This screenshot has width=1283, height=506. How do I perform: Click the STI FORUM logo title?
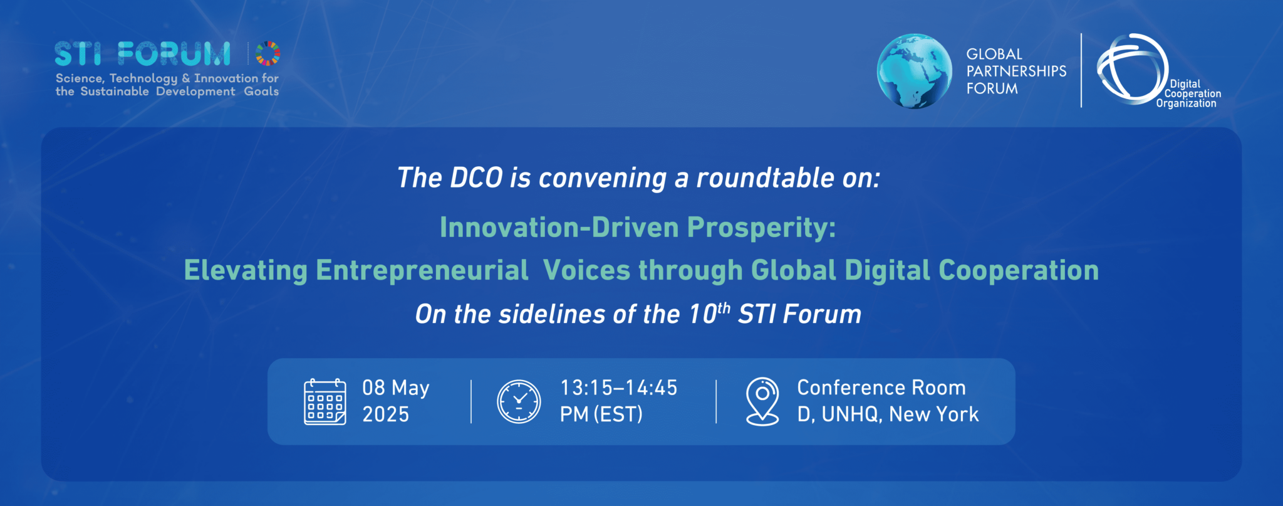coord(142,54)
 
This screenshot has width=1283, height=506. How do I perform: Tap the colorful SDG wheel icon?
coord(268,53)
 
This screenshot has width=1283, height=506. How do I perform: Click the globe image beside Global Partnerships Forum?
coord(915,71)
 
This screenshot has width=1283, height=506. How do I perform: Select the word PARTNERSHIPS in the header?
coord(1016,71)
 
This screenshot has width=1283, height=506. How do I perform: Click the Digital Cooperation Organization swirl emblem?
coord(1133,68)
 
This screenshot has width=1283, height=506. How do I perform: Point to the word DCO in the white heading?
coord(476,178)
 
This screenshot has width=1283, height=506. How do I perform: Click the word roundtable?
coord(766,178)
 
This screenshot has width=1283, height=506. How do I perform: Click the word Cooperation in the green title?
coord(1019,271)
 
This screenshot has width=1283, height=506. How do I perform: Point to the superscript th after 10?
coord(724,308)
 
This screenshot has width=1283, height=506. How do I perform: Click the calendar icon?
coord(325,402)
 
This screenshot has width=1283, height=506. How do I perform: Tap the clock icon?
coord(519,401)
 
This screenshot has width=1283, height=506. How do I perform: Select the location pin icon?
coord(762,401)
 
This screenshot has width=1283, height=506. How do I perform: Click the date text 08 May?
coord(396,388)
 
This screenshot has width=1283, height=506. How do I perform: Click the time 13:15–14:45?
coord(619,388)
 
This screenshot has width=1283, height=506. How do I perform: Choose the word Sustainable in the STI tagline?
coord(115,92)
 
